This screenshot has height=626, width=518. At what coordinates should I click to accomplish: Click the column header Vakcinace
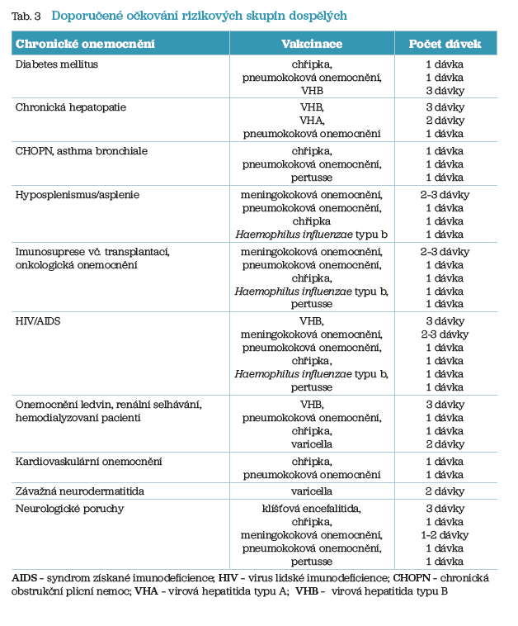(x=311, y=43)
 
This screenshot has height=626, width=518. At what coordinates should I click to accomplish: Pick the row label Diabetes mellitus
(x=57, y=64)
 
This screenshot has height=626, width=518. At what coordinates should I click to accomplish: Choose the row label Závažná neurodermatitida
(x=80, y=491)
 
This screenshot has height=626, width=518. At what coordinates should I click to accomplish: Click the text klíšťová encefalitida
(x=312, y=509)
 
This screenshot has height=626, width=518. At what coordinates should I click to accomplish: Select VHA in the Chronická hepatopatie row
(x=312, y=120)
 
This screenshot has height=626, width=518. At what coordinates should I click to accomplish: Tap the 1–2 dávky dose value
(x=445, y=535)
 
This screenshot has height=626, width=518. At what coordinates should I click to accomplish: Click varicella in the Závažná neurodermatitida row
(x=312, y=491)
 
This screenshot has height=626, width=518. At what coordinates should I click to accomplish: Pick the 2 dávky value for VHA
(x=445, y=120)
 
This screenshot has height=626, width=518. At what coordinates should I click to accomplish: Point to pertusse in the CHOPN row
(x=312, y=177)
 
